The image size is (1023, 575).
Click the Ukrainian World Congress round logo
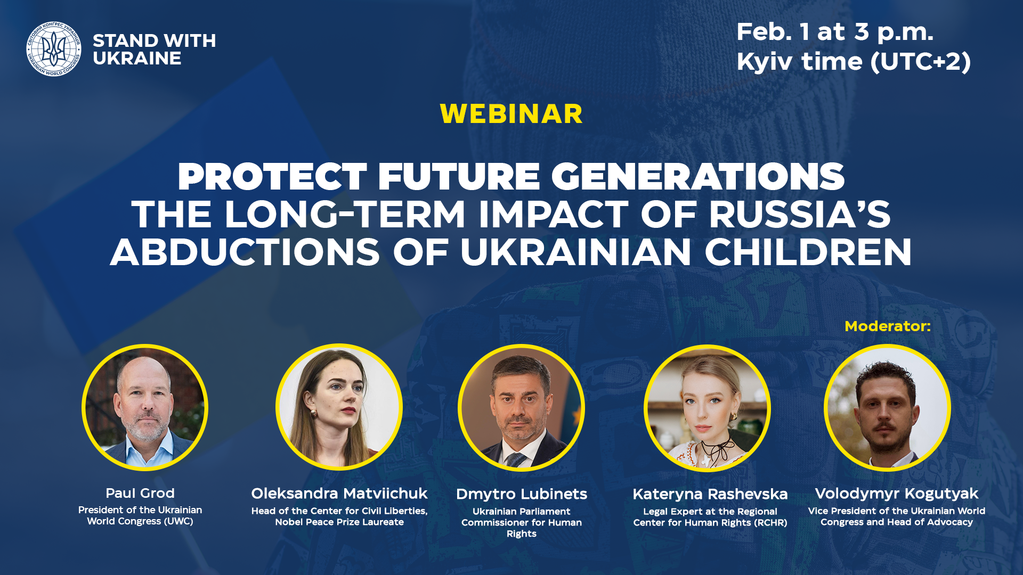54,49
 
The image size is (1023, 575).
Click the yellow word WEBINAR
511,114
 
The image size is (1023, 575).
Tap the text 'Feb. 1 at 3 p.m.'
834,32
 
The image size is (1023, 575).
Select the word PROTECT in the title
272,177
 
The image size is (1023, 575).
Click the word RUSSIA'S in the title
799,215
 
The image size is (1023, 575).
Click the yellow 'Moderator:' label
887,326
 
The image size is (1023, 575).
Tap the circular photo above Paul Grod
145,407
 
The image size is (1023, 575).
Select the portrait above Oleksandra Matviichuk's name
339,407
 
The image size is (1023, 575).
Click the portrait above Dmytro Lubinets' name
521,408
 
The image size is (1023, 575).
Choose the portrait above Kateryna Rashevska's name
707,408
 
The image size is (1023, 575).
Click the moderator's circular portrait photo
887,408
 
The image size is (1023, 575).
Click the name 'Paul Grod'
140,493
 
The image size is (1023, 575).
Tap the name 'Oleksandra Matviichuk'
339,494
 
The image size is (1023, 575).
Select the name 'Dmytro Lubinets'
521,494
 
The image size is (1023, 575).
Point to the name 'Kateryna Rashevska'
710,494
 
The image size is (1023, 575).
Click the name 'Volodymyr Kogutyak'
896,494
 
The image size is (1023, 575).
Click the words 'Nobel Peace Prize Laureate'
339,522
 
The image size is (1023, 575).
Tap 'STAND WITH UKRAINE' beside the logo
154,50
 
